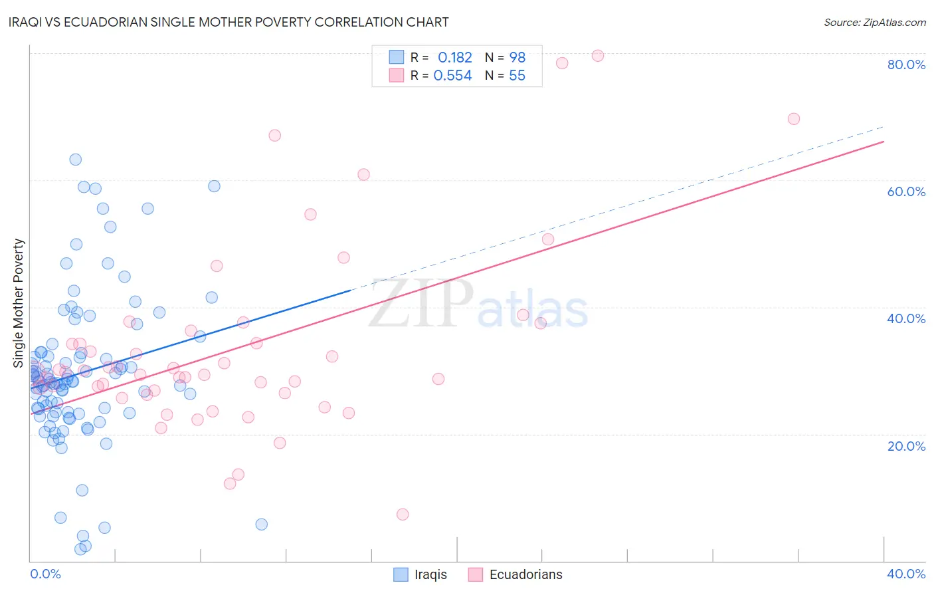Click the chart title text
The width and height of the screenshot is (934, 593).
(x=229, y=22)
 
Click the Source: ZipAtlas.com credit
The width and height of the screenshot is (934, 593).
(x=874, y=22)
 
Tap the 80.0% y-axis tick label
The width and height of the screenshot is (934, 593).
(x=906, y=64)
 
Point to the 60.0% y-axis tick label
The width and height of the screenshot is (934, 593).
(x=906, y=191)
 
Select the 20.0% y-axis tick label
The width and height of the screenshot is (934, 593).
(x=906, y=446)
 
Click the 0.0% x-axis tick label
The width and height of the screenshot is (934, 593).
(x=45, y=574)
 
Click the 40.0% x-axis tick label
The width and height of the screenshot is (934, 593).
(x=906, y=574)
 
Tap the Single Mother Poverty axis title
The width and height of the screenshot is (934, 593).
(x=19, y=303)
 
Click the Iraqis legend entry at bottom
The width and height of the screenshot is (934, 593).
(x=420, y=574)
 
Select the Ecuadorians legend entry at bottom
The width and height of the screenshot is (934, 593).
(x=515, y=574)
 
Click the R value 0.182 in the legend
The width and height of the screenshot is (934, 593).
(x=454, y=57)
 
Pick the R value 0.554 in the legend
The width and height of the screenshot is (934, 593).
(x=452, y=75)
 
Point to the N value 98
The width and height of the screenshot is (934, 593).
(x=517, y=57)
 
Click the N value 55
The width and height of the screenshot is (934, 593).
(x=517, y=75)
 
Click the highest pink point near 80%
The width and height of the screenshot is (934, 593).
(x=598, y=56)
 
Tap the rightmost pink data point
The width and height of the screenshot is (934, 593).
(x=793, y=119)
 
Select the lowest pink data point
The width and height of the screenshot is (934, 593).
(x=403, y=515)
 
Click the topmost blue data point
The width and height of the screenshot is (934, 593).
(x=76, y=160)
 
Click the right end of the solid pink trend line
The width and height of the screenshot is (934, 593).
(x=884, y=141)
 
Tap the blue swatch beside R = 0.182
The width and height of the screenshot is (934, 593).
(x=397, y=57)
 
